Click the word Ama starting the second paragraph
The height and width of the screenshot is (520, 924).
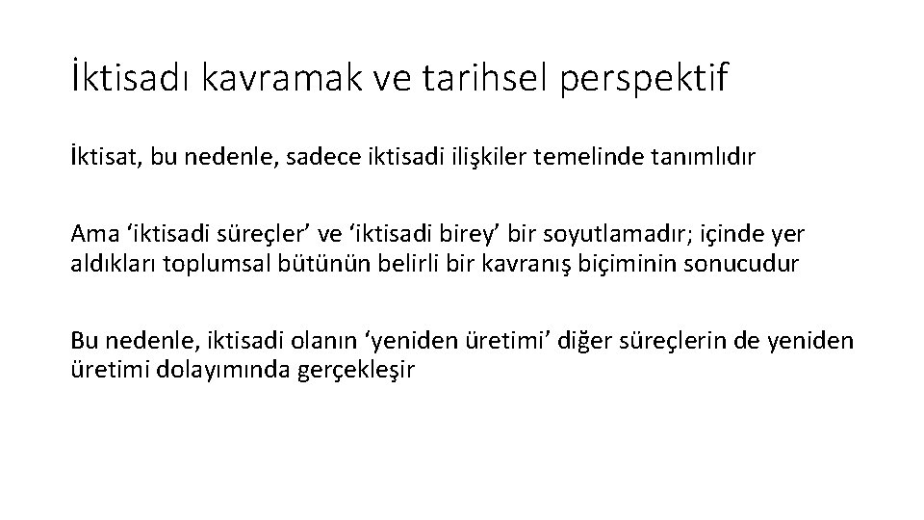pos(90,235)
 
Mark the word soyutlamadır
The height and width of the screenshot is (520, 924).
pos(600,235)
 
